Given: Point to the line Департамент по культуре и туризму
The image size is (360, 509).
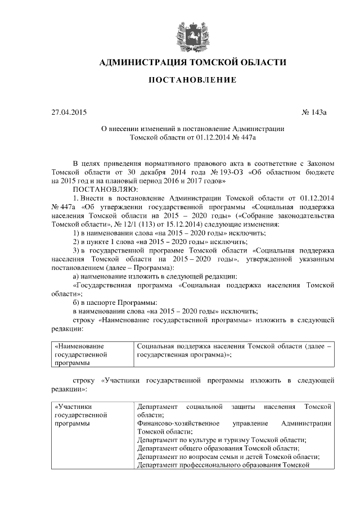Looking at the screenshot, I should [222, 439].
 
